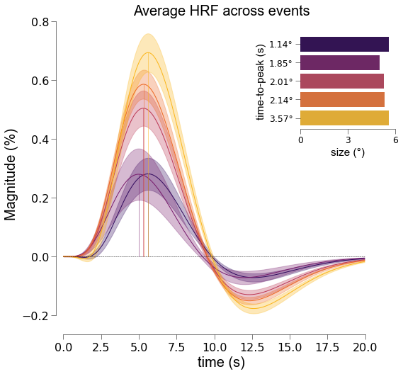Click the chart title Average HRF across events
(222, 11)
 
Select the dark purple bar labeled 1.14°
(344, 44)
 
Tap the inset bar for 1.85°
(340, 63)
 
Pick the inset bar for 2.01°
(342, 81)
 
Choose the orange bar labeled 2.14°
(342, 99)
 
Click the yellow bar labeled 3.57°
(344, 118)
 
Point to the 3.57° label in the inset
(281, 119)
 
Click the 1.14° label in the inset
(280, 45)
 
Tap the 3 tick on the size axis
(348, 140)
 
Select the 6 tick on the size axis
(395, 140)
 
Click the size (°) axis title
(348, 152)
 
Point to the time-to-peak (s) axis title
(261, 82)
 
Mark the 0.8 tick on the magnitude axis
(40, 22)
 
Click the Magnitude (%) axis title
(11, 175)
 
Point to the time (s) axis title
(221, 362)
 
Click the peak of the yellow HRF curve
(148, 52)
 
